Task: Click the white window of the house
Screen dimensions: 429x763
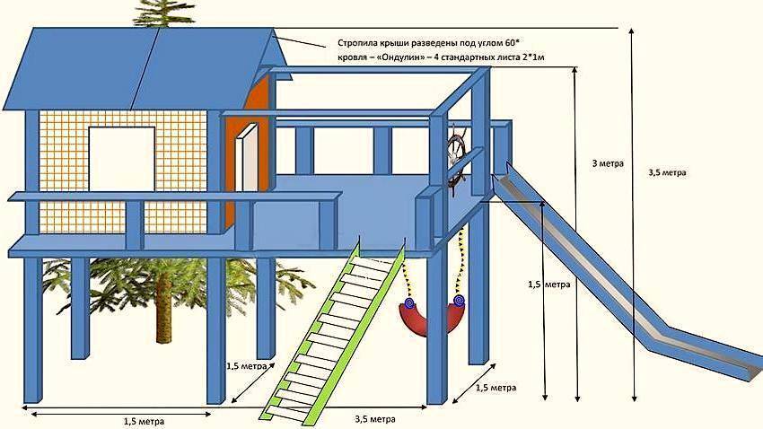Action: (121, 159)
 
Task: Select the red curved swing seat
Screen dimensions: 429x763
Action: (429, 315)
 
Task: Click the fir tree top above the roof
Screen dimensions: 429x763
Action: (167, 13)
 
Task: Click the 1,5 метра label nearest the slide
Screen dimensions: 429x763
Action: (548, 284)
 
